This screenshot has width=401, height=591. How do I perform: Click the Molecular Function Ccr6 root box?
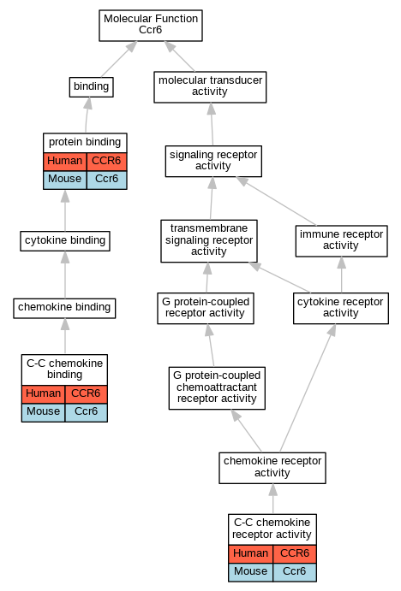point(151,26)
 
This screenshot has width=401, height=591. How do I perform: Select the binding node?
point(92,87)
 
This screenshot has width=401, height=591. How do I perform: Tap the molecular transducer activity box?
point(210,87)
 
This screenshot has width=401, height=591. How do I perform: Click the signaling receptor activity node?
point(213,161)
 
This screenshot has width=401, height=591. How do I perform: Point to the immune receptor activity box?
point(341,241)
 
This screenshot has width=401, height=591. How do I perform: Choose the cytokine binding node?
point(65,241)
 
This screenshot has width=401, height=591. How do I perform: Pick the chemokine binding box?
point(64,308)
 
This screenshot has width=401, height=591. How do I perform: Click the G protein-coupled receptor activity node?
point(206,308)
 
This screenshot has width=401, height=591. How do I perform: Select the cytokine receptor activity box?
point(341,308)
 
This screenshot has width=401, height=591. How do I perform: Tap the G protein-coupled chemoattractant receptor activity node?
point(217,387)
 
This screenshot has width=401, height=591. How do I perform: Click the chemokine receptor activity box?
point(272,468)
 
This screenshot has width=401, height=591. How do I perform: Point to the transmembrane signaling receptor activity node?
point(209,241)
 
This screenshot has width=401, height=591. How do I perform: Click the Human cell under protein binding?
point(65,162)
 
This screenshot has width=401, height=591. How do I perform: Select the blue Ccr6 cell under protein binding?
point(107,180)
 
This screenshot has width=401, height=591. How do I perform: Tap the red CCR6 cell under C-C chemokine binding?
point(86,394)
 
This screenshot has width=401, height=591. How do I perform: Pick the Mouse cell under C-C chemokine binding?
point(44,412)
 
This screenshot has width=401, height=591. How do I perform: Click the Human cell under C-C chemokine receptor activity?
point(251,554)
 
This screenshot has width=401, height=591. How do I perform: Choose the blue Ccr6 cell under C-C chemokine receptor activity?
point(295,572)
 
